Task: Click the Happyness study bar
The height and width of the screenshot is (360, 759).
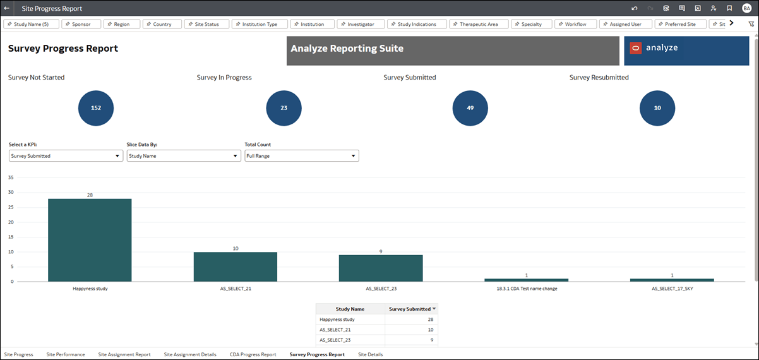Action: coord(90,240)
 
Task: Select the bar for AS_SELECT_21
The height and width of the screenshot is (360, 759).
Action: coord(235,267)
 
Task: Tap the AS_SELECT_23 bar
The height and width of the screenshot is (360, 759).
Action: coord(381,268)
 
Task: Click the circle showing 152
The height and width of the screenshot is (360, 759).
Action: coord(96,108)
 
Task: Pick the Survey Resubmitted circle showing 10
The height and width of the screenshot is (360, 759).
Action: coord(657,108)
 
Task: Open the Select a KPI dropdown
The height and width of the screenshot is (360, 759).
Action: coord(66,156)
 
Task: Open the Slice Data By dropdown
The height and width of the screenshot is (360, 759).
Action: coord(183,156)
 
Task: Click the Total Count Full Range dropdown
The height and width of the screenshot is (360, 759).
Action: coord(301,156)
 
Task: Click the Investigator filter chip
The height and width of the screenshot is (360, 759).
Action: coord(361,24)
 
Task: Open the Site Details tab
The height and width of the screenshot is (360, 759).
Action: coord(370,354)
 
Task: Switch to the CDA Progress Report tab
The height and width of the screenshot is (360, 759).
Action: coord(253,354)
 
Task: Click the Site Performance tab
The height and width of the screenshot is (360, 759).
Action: coord(66,354)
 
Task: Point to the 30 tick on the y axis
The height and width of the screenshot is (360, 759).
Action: coord(11,192)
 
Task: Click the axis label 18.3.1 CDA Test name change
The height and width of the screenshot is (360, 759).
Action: coord(527,289)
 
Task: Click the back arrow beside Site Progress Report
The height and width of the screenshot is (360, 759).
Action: coord(6,8)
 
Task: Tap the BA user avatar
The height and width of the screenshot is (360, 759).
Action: coord(746,8)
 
